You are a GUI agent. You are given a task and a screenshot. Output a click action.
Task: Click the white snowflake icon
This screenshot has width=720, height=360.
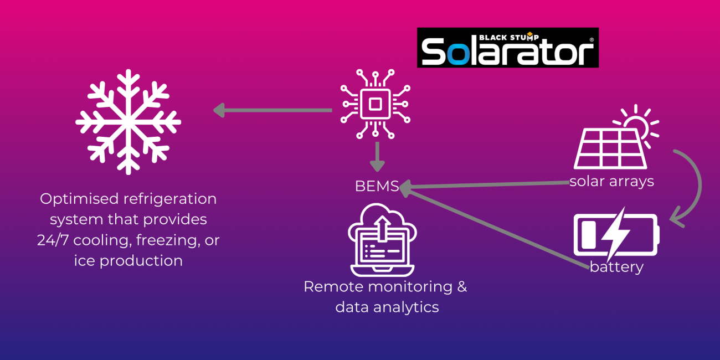click(128, 121)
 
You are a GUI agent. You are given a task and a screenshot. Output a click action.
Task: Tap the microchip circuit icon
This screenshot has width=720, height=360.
click(376, 103)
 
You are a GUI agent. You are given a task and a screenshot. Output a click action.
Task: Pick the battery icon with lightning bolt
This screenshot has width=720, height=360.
click(615, 234)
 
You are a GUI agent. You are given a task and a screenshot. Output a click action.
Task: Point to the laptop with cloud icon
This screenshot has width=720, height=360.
click(382, 240)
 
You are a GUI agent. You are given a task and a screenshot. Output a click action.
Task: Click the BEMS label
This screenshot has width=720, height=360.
click(377, 187)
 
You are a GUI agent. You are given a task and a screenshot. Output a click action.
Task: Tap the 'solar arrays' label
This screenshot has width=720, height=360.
click(611, 181)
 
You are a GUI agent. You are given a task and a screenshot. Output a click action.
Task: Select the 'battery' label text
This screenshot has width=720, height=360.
click(616, 267)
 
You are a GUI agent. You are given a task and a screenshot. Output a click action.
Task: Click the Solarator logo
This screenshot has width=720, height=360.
click(507, 49)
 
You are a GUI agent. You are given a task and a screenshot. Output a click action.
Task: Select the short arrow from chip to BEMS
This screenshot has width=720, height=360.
click(377, 156)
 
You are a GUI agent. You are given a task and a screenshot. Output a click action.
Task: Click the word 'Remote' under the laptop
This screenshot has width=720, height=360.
click(331, 287)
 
